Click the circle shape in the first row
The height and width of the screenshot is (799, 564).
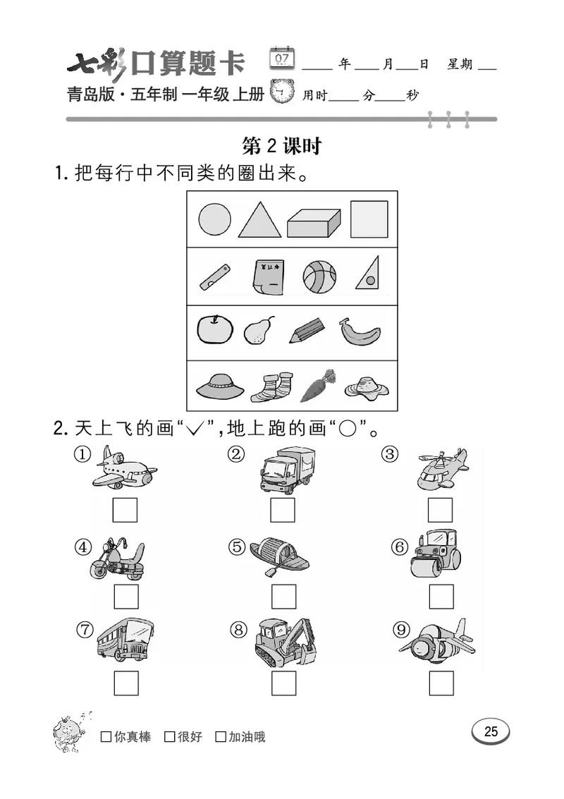click(214, 219)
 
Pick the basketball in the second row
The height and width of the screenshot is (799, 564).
click(319, 276)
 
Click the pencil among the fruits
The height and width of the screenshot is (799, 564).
click(306, 330)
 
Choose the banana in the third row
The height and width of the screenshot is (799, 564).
click(360, 331)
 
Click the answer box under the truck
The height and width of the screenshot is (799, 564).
click(283, 510)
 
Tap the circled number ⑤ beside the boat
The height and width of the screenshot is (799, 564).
click(237, 547)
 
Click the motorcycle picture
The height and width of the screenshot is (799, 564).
click(117, 557)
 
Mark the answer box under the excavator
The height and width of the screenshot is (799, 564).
click(283, 682)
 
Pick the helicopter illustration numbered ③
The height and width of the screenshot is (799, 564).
click(441, 468)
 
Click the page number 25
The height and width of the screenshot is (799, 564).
click(491, 731)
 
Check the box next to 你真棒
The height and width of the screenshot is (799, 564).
click(106, 737)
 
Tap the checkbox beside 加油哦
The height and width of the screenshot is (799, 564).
click(221, 737)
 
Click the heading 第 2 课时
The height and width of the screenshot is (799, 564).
click(281, 146)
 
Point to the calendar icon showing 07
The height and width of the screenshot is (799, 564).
click(283, 59)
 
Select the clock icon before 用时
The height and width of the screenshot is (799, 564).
click(283, 92)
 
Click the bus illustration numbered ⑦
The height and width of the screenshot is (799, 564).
click(124, 640)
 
